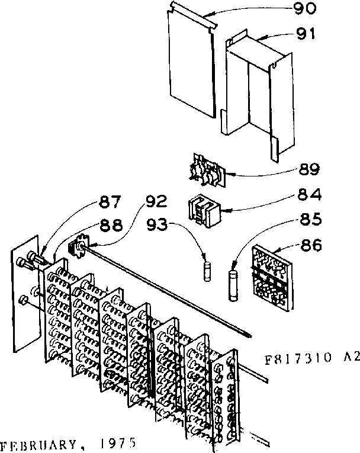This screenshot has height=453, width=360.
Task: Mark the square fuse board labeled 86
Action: [x=271, y=277]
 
